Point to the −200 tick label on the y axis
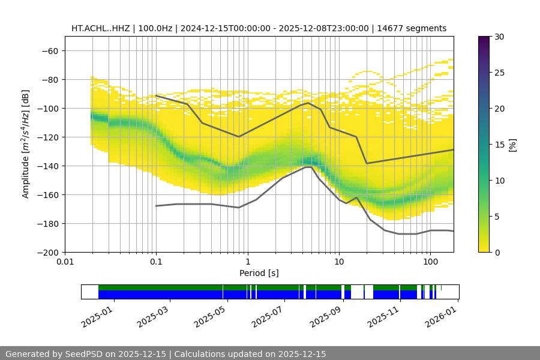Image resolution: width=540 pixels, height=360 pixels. pyautogui.click(x=49, y=252)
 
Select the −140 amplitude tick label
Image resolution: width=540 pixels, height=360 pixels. pyautogui.click(x=49, y=166)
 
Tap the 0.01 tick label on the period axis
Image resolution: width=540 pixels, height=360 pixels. pyautogui.click(x=65, y=262)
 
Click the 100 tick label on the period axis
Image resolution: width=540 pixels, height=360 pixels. pyautogui.click(x=430, y=262)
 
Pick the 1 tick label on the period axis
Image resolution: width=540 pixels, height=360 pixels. pyautogui.click(x=247, y=262)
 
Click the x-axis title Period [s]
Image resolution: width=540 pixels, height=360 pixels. pyautogui.click(x=259, y=274)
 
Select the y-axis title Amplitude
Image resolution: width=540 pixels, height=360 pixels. pyautogui.click(x=26, y=144)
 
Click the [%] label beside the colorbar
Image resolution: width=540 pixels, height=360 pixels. pyautogui.click(x=513, y=144)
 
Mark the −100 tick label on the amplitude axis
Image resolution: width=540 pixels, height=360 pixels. pyautogui.click(x=49, y=108)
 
